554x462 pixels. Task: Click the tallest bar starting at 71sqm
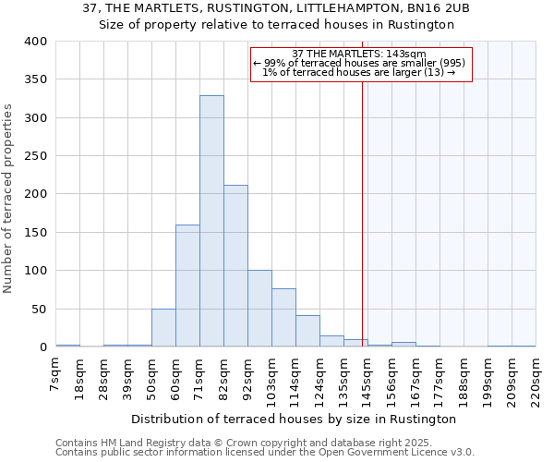[211, 222]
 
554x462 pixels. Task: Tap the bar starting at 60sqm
[187, 286]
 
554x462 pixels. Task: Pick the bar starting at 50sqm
[163, 328]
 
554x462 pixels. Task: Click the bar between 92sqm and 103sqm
[259, 309]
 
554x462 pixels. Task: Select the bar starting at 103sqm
[283, 318]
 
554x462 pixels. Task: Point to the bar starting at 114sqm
[307, 331]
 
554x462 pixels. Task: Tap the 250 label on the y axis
[36, 156]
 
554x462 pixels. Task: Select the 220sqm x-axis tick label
[536, 379]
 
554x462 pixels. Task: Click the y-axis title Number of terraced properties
[9, 198]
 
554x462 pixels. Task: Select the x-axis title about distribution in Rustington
[294, 419]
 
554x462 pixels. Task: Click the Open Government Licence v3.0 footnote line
[265, 453]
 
